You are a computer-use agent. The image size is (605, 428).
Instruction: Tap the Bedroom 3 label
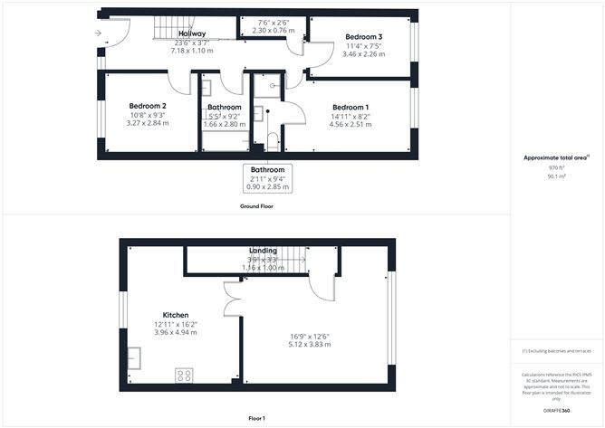pyautogui.click(x=363, y=37)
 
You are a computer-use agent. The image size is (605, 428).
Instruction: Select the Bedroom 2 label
pyautogui.click(x=147, y=106)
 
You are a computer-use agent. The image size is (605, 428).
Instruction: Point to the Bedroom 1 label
pyautogui.click(x=350, y=107)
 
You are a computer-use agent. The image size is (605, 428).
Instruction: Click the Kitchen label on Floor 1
pyautogui.click(x=175, y=315)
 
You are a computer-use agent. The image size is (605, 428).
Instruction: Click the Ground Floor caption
pyautogui.click(x=257, y=206)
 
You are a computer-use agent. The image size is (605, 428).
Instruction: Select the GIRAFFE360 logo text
pyautogui.click(x=556, y=410)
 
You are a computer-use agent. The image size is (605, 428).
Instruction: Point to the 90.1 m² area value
pyautogui.click(x=556, y=177)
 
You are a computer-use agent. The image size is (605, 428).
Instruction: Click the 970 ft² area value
pyautogui.click(x=556, y=168)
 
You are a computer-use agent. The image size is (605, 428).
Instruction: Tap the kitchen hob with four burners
pyautogui.click(x=184, y=374)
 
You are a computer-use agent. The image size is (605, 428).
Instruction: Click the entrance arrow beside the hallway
pyautogui.click(x=97, y=33)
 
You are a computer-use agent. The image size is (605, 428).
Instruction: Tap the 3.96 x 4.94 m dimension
pyautogui.click(x=176, y=333)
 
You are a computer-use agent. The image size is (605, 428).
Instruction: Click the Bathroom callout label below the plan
pyautogui.click(x=268, y=170)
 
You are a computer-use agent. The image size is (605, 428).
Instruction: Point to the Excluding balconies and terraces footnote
pyautogui.click(x=556, y=351)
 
